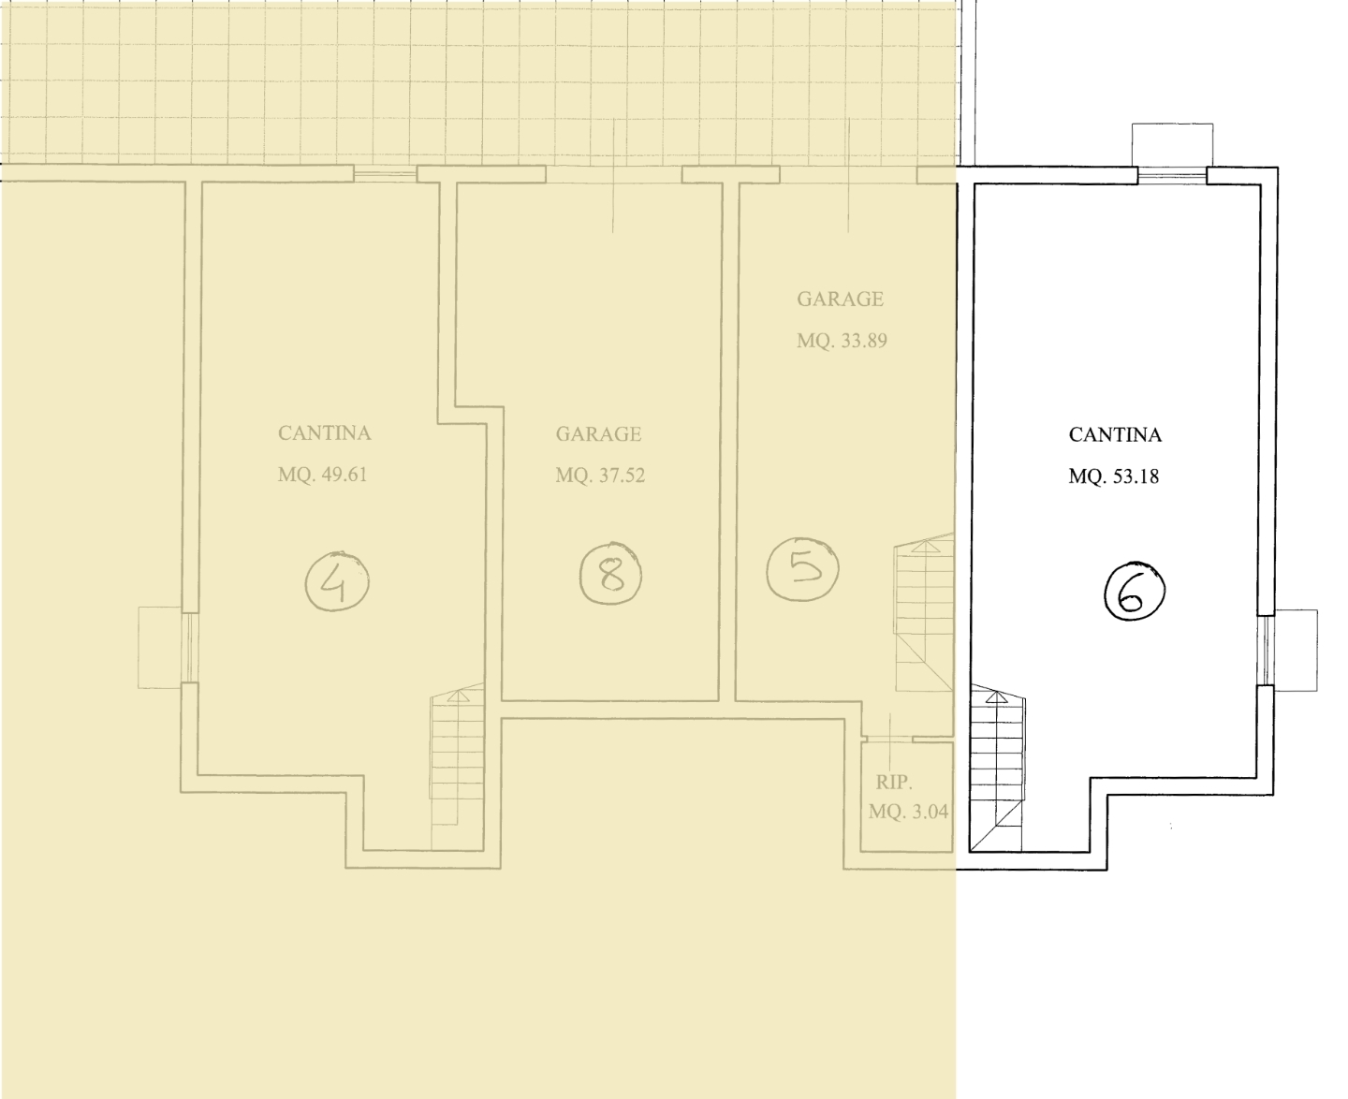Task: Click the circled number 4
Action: click(x=337, y=581)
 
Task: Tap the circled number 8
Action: click(x=611, y=574)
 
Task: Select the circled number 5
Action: click(x=803, y=568)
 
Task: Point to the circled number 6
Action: click(x=1135, y=592)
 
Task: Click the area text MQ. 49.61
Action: click(x=323, y=475)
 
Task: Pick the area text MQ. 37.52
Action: click(x=600, y=476)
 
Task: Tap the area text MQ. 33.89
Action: click(x=842, y=341)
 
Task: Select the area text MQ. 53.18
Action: click(x=1113, y=476)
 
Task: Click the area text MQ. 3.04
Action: click(x=908, y=812)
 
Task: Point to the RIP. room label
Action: click(x=894, y=782)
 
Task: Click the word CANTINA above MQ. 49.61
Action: click(x=324, y=433)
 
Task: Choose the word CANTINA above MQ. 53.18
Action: click(x=1115, y=435)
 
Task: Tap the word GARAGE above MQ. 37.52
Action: click(x=598, y=434)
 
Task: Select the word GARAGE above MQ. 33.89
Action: click(x=840, y=300)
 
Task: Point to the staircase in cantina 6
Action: click(x=997, y=768)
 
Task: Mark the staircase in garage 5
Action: click(x=924, y=611)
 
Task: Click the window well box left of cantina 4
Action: click(x=160, y=648)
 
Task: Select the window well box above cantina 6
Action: click(x=1172, y=145)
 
